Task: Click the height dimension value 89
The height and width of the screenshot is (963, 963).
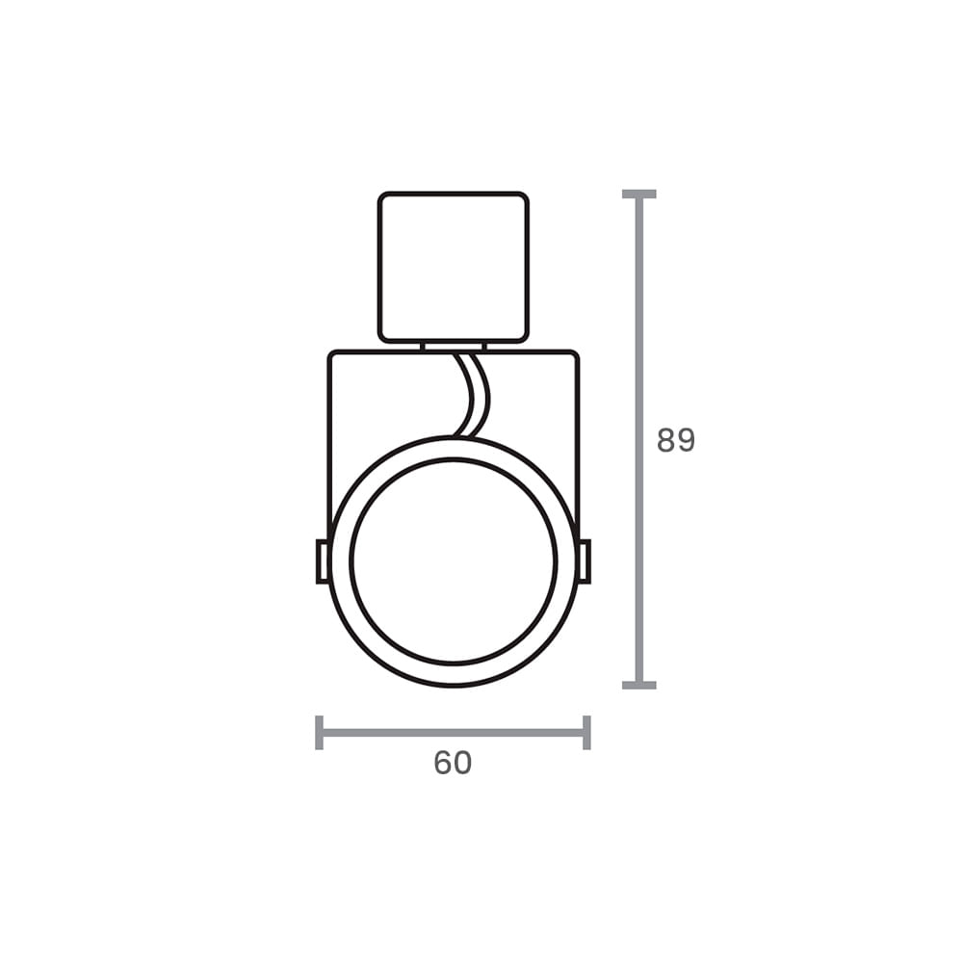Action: point(675,440)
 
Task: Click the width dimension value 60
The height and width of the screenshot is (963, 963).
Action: point(453,763)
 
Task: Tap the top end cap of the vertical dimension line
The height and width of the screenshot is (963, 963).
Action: point(638,195)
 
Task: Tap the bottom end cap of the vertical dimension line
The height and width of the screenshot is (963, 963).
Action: point(638,685)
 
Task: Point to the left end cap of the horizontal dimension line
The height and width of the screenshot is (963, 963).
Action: point(319,732)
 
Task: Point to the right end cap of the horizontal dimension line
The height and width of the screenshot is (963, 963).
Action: point(586,732)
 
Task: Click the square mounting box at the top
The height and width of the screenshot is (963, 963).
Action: point(453,267)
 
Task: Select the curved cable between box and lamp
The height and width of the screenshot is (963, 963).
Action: point(477,395)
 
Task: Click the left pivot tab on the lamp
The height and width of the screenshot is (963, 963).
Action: point(323,561)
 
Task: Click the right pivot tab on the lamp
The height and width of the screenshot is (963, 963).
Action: point(584,561)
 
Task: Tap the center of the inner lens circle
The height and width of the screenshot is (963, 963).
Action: point(453,561)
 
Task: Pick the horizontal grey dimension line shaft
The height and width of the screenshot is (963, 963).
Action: point(453,732)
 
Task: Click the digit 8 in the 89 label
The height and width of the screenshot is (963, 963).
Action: point(665,440)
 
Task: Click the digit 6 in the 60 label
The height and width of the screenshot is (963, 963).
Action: point(443,763)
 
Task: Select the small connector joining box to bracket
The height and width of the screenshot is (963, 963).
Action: point(453,346)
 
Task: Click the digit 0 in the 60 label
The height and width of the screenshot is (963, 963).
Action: point(463,763)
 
